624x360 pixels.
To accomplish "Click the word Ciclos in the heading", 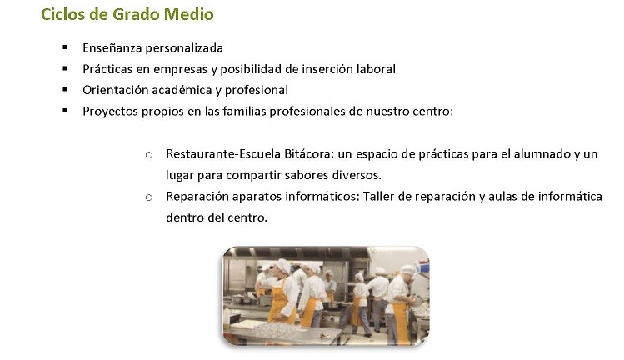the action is click(x=62, y=14).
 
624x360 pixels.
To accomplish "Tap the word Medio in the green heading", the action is click(x=188, y=14).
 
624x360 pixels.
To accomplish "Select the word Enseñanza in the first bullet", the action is click(x=112, y=48).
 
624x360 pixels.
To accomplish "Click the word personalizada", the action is click(x=184, y=48).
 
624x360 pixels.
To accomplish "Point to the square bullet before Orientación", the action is click(x=65, y=90).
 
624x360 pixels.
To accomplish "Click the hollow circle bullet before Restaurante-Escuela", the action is click(x=149, y=155).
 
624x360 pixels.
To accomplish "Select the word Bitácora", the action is click(x=309, y=153).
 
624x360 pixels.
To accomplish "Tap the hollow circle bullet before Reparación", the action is click(x=149, y=197).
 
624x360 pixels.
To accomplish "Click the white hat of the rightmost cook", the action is click(x=407, y=270).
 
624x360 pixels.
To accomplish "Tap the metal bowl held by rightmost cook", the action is click(x=416, y=301).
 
